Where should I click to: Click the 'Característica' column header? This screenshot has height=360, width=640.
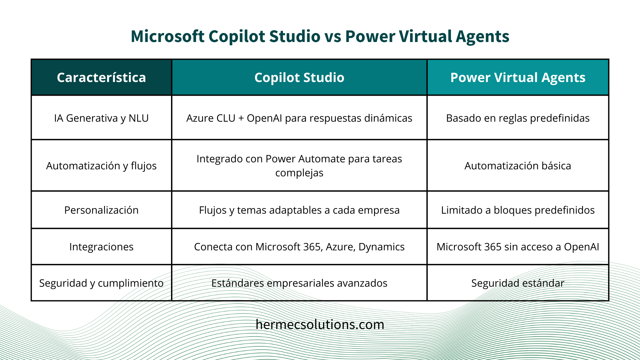(x=101, y=78)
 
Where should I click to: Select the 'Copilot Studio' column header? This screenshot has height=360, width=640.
(x=299, y=78)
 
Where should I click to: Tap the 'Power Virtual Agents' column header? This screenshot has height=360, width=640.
(x=518, y=78)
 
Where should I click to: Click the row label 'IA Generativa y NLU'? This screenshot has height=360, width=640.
(x=101, y=118)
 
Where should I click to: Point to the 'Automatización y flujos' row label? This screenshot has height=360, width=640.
(x=101, y=166)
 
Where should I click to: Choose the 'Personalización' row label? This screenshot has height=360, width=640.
(x=101, y=210)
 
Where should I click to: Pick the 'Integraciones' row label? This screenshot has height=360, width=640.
(x=101, y=247)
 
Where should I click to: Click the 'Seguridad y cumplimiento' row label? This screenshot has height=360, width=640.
(x=101, y=283)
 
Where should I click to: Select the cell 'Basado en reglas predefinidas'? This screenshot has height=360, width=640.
(x=518, y=118)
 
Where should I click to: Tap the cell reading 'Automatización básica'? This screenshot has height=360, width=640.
(x=518, y=166)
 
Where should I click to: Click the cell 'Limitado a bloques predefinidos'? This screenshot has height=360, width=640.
(x=518, y=210)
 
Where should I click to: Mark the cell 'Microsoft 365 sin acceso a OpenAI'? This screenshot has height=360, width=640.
(x=518, y=247)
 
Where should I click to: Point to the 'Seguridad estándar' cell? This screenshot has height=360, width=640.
(x=518, y=283)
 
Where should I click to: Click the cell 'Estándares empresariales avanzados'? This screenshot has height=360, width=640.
(x=299, y=283)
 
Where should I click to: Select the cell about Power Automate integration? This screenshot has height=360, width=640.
(x=299, y=166)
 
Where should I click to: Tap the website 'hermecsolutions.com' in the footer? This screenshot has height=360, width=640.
(x=320, y=324)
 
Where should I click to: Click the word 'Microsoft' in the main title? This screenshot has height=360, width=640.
(x=167, y=36)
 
